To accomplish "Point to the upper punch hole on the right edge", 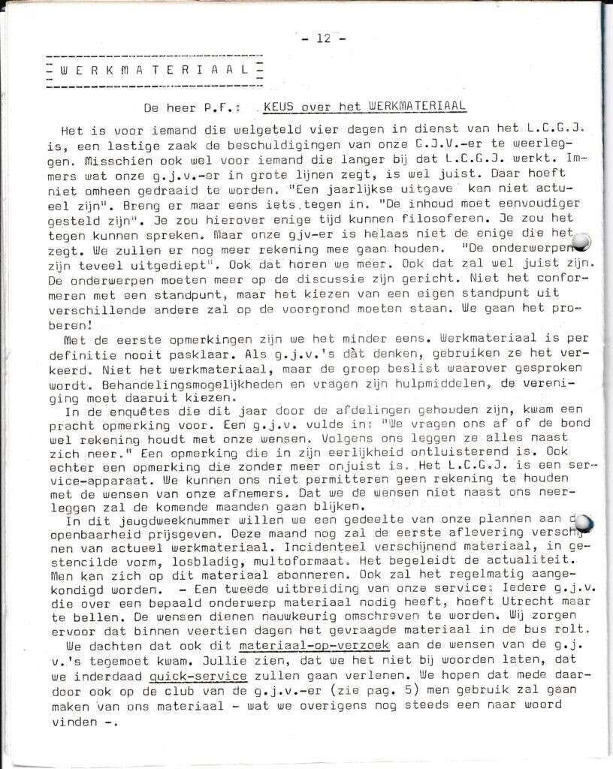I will [581, 241].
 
